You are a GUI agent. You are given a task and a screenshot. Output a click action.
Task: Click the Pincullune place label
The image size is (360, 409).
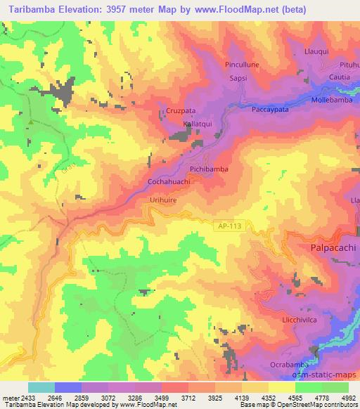point(243,64)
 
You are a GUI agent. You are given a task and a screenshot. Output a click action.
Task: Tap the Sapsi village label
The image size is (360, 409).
point(240,79)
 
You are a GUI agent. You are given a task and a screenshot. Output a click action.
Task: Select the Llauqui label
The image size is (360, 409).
point(316,51)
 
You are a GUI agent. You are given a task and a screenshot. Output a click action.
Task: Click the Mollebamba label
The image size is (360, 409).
point(335,101)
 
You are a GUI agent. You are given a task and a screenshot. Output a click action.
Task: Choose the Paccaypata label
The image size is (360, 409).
point(271,110)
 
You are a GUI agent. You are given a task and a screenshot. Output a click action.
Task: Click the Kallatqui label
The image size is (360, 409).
point(198,124)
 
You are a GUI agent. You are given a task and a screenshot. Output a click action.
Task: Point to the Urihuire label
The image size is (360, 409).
point(163,200)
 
